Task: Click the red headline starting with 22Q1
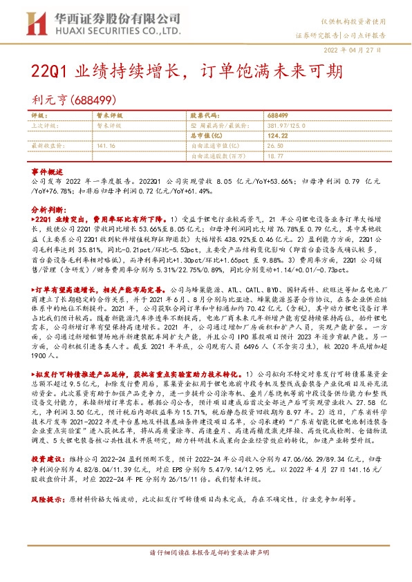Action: (x=187, y=72)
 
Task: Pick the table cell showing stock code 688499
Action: (x=278, y=117)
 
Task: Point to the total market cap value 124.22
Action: (x=277, y=136)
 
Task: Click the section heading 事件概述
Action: (x=47, y=171)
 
